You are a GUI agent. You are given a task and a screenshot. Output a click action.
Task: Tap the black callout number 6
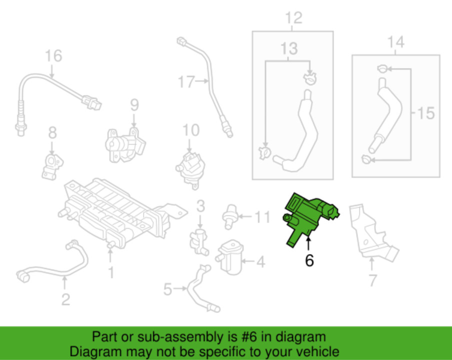click(309, 260)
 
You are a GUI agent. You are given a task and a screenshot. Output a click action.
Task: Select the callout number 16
click(53, 55)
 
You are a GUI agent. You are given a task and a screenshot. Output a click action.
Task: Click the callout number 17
click(186, 81)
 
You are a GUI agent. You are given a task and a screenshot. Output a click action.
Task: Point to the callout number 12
click(293, 18)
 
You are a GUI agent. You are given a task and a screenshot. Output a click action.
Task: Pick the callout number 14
click(396, 42)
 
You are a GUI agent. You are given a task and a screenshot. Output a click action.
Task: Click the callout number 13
click(289, 48)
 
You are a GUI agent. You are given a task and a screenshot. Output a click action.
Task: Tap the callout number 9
click(134, 105)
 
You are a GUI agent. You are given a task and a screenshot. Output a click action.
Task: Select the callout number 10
click(191, 130)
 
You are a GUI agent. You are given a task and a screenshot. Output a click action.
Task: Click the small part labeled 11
click(229, 216)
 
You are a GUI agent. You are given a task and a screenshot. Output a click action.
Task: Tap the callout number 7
click(372, 280)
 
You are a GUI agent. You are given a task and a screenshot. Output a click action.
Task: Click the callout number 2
click(65, 299)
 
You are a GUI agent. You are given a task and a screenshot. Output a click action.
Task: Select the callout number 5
click(168, 289)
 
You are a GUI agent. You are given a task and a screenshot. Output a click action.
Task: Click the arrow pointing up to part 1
click(110, 255)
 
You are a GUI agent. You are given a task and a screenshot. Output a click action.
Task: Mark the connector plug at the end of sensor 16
click(91, 102)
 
